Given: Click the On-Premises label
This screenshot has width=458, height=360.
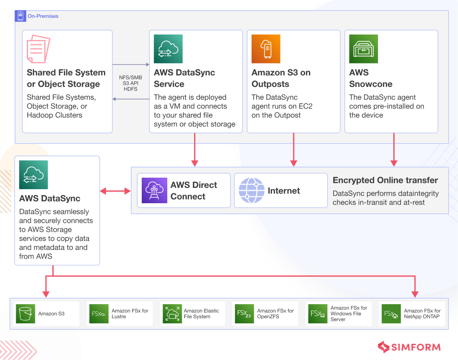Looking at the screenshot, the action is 43,16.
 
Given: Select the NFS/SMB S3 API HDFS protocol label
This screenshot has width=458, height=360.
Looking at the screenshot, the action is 131,83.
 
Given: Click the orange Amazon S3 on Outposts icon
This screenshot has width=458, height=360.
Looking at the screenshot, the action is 266,49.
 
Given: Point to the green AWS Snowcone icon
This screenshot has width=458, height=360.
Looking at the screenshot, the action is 364,49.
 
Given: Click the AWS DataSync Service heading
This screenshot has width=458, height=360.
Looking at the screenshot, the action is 184,78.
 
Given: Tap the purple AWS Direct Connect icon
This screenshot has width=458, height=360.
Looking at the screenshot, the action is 155,190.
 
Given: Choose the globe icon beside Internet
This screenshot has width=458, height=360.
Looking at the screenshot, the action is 252,190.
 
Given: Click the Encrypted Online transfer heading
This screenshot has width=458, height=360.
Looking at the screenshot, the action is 385,180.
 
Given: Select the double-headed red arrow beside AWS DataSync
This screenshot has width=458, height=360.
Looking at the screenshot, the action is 115,191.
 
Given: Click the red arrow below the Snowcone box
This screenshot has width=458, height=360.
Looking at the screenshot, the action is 394,150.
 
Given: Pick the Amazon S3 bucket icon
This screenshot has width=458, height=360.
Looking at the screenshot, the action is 26,314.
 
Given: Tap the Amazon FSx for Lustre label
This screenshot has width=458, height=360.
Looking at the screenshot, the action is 130,314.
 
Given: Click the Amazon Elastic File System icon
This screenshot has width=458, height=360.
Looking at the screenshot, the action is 172,314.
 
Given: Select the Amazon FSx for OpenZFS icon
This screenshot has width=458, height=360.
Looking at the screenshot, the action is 244,314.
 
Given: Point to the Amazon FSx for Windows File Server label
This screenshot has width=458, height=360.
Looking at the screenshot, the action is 349,314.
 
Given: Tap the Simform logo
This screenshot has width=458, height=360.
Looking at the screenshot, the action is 409,347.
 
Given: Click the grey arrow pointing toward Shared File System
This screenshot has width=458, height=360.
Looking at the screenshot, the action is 131,99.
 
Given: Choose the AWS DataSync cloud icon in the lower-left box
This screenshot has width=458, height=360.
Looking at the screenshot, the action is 34,175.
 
